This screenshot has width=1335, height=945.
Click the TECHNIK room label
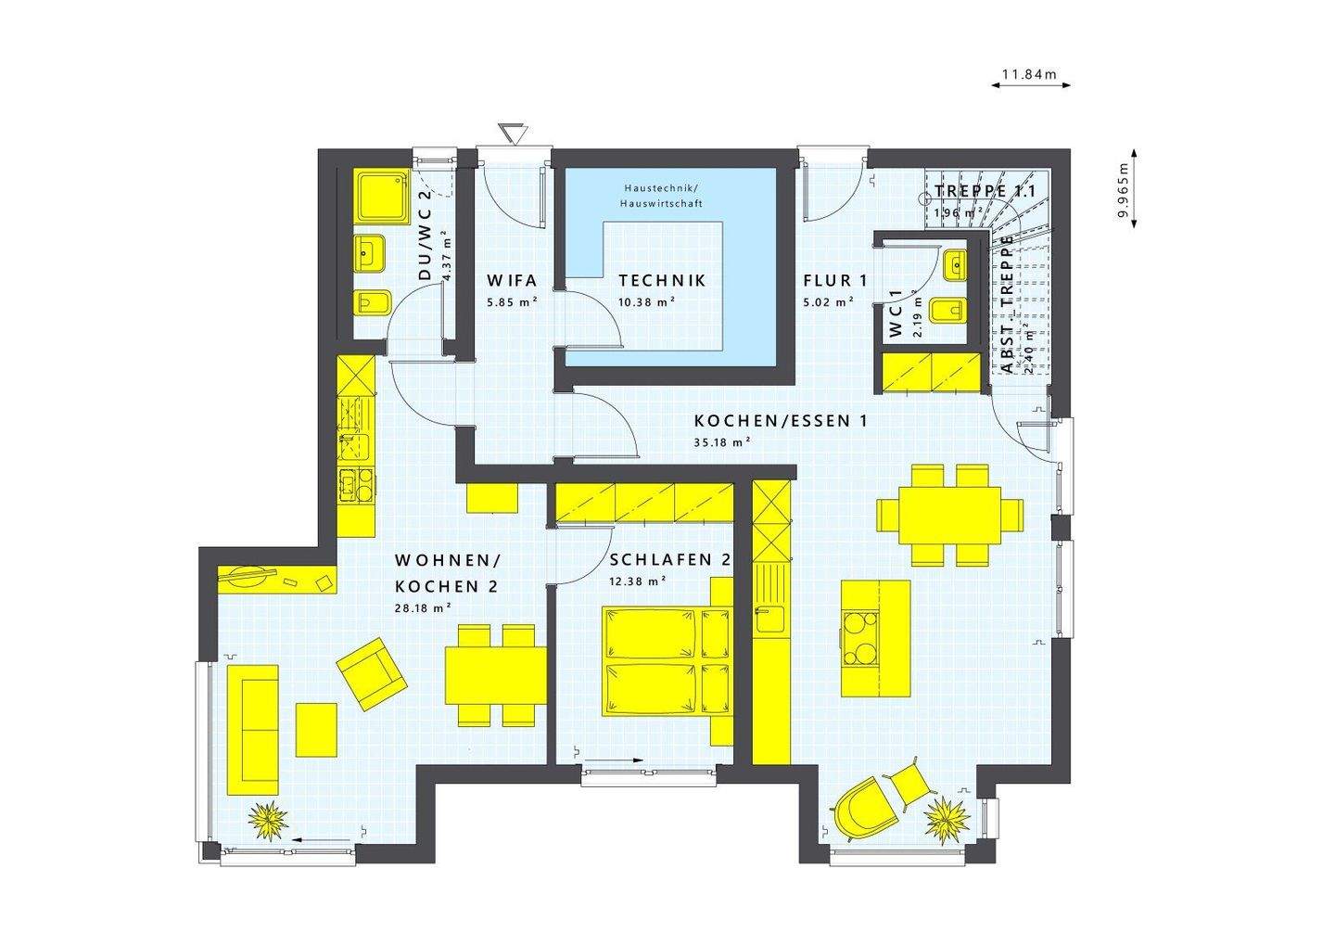(x=662, y=280)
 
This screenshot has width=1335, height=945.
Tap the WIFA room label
(x=512, y=280)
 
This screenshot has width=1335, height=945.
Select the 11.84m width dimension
(x=1030, y=74)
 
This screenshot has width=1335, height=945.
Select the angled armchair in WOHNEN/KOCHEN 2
(x=371, y=672)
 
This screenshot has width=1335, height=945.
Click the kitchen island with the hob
(x=875, y=638)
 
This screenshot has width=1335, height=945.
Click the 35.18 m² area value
(x=721, y=442)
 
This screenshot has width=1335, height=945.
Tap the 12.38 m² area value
(x=639, y=581)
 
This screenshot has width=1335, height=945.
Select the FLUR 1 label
(x=834, y=280)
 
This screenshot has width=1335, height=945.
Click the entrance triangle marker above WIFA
(x=511, y=134)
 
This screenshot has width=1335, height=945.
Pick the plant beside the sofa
(x=269, y=820)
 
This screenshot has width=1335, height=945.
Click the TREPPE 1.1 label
(x=985, y=191)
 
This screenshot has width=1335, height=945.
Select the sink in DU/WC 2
(x=371, y=252)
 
